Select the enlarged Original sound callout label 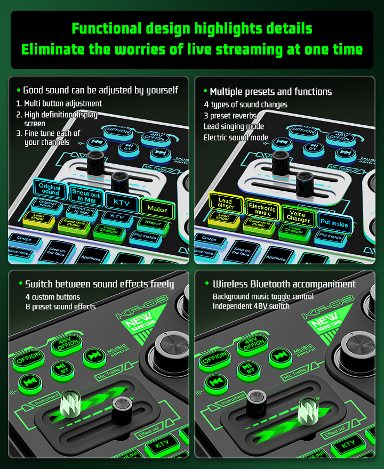(x=51, y=190)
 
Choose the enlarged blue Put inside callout (x=334, y=223)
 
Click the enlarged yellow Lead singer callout (x=226, y=203)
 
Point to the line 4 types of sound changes (x=245, y=104)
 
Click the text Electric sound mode (x=236, y=138)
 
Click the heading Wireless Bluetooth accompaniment (x=284, y=284)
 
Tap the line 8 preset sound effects (x=60, y=306)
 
